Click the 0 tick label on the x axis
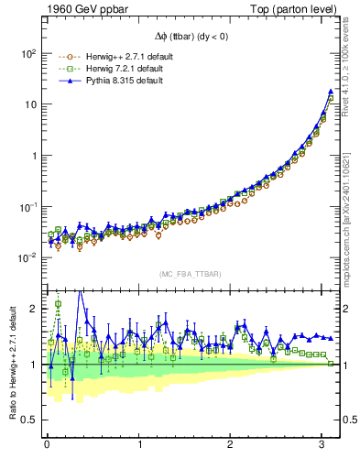point(47,444)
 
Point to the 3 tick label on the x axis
point(322,444)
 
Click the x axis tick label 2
point(231,444)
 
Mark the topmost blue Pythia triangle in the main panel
point(331,92)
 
